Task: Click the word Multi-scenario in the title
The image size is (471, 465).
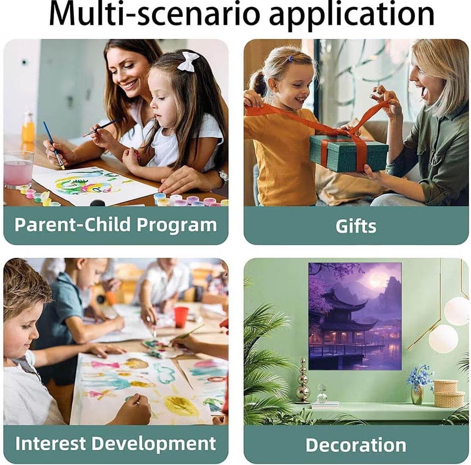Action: [x=154, y=15]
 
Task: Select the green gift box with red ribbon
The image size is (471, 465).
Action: [x=349, y=152]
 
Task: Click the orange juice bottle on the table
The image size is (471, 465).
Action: [x=28, y=128]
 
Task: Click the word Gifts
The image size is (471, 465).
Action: [x=356, y=226]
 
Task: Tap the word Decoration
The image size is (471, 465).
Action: [x=356, y=445]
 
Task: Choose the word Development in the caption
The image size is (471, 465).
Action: [x=154, y=444]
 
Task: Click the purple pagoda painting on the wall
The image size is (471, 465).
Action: [x=355, y=316]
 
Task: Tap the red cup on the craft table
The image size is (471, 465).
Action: [x=181, y=317]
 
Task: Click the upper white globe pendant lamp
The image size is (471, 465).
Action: [x=457, y=311]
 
